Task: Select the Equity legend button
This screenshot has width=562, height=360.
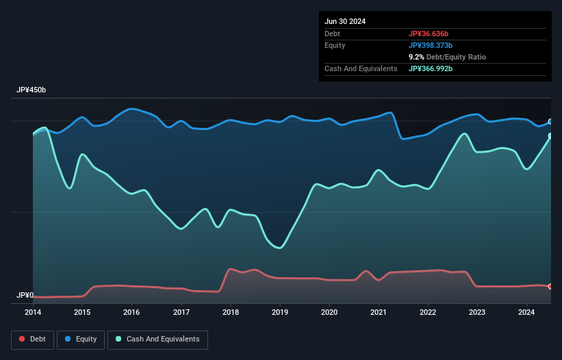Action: [81, 339]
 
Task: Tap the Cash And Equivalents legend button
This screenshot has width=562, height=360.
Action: [157, 339]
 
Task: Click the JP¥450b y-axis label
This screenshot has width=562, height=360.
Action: [31, 90]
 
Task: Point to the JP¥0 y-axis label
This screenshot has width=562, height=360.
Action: [25, 296]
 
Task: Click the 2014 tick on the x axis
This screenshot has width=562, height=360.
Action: [33, 313]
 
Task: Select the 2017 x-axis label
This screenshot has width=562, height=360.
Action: [181, 313]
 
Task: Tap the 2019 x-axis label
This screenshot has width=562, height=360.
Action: [280, 313]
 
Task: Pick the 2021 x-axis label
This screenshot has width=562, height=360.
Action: [379, 313]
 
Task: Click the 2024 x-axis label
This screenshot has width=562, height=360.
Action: [526, 313]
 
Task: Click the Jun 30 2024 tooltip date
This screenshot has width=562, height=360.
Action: [345, 21]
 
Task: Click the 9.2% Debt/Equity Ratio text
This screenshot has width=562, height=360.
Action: [447, 57]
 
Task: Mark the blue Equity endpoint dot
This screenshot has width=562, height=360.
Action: [550, 122]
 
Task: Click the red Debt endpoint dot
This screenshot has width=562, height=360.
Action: [550, 286]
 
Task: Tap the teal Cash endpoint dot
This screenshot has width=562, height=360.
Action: [550, 136]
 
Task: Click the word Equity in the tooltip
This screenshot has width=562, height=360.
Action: [335, 45]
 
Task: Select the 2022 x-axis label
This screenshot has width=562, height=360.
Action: [428, 313]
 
